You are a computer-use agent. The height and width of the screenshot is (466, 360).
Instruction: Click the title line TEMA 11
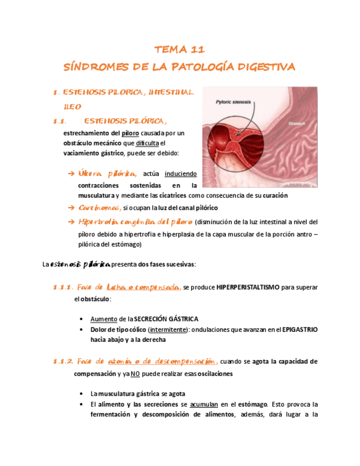(x=180, y=49)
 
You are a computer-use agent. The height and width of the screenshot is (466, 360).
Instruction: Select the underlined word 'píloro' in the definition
(x=130, y=133)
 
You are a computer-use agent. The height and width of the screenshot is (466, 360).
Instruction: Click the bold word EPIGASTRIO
(x=300, y=329)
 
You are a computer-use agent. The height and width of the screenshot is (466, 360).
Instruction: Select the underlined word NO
(x=135, y=374)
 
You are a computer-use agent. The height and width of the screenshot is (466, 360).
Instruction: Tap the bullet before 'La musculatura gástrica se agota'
(x=81, y=394)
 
